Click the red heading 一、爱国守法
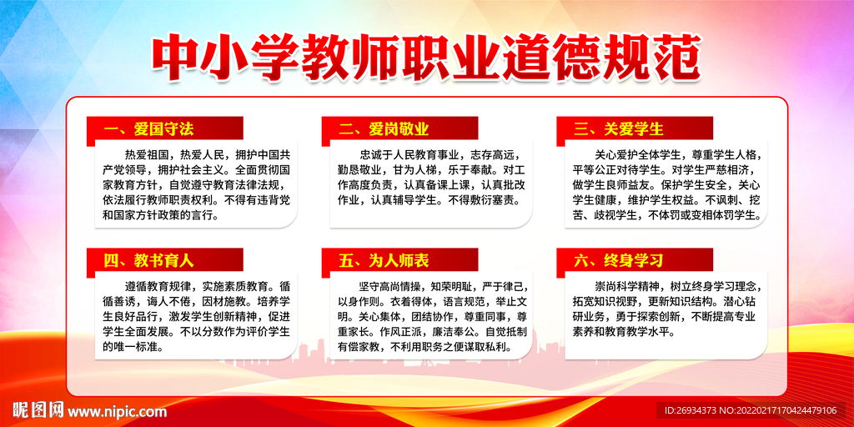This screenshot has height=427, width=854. point(149,129)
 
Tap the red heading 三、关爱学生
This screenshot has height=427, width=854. point(619,129)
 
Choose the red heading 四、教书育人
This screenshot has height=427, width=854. point(149,260)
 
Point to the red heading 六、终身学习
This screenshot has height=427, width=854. point(619,260)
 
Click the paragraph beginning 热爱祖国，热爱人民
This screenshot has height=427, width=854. point(196,184)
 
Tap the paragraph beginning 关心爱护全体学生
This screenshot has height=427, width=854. point(666,184)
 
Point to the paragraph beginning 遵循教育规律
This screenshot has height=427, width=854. point(196,315)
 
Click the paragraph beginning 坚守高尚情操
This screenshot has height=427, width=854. point(430,315)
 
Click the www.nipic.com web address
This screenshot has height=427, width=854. point(117,411)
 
